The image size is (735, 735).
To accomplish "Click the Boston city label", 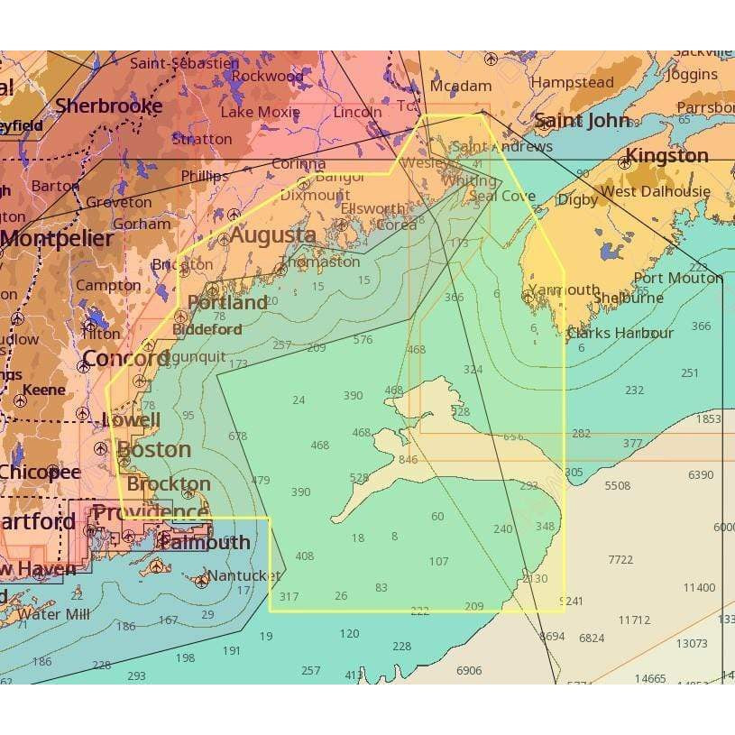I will (154, 449).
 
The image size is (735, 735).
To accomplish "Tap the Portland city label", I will (227, 302).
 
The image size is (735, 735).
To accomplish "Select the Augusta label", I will (272, 235).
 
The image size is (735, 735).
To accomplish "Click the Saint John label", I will (582, 121).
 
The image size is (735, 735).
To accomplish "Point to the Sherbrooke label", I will (108, 106).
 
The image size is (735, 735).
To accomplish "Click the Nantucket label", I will (243, 575).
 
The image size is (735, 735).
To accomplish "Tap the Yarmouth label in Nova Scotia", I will (564, 290).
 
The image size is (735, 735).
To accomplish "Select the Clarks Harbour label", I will (620, 333).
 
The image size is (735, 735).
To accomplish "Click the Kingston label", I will (667, 156).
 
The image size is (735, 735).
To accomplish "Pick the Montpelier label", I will (57, 239).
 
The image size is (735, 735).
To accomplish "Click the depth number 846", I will (408, 460).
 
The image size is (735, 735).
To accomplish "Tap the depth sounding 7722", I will (620, 559).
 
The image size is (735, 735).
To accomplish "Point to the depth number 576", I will (363, 340).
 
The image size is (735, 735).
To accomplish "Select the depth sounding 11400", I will (698, 587).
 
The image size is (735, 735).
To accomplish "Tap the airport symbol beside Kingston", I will (624, 164).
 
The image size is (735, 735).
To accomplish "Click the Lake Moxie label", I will (260, 113).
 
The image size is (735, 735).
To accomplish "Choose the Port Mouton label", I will (678, 278).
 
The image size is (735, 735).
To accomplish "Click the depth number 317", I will (289, 597).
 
